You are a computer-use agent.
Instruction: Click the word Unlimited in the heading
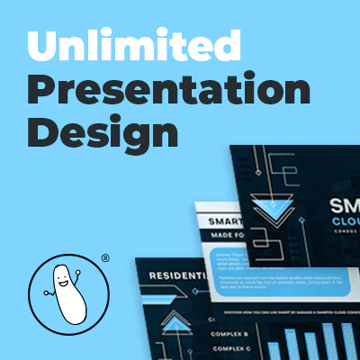click(x=133, y=42)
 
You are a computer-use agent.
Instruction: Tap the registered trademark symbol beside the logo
click(x=105, y=258)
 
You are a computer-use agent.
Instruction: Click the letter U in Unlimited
click(x=39, y=42)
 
